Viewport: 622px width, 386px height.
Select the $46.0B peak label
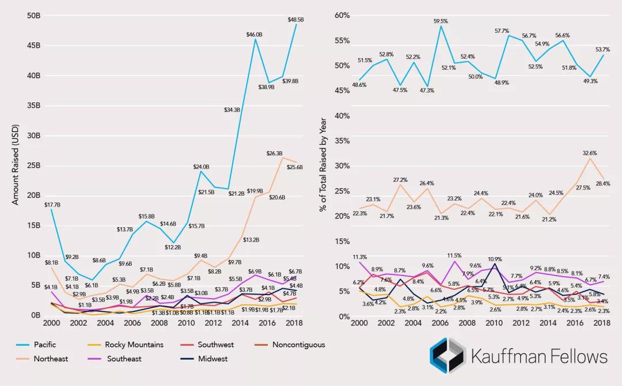255,35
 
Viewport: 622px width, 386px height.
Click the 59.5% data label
442,22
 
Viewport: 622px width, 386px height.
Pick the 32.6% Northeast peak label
589,154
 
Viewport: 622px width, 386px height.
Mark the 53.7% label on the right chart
602,49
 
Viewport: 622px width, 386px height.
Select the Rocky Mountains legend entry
134,345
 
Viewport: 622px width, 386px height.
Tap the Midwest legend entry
213,358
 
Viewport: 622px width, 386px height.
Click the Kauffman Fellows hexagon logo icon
447,354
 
